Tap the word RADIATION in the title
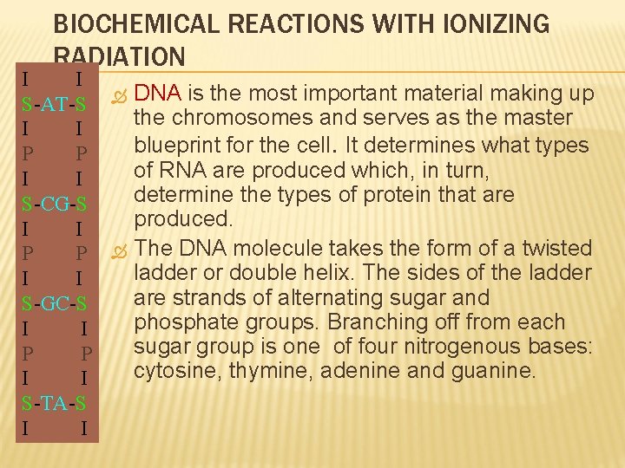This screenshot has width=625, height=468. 119,57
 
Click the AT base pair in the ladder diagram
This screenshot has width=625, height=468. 56,106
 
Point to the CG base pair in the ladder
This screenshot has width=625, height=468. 56,205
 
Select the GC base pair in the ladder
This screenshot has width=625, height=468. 56,305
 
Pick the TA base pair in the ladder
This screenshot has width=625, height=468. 56,403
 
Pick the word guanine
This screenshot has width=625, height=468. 496,371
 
